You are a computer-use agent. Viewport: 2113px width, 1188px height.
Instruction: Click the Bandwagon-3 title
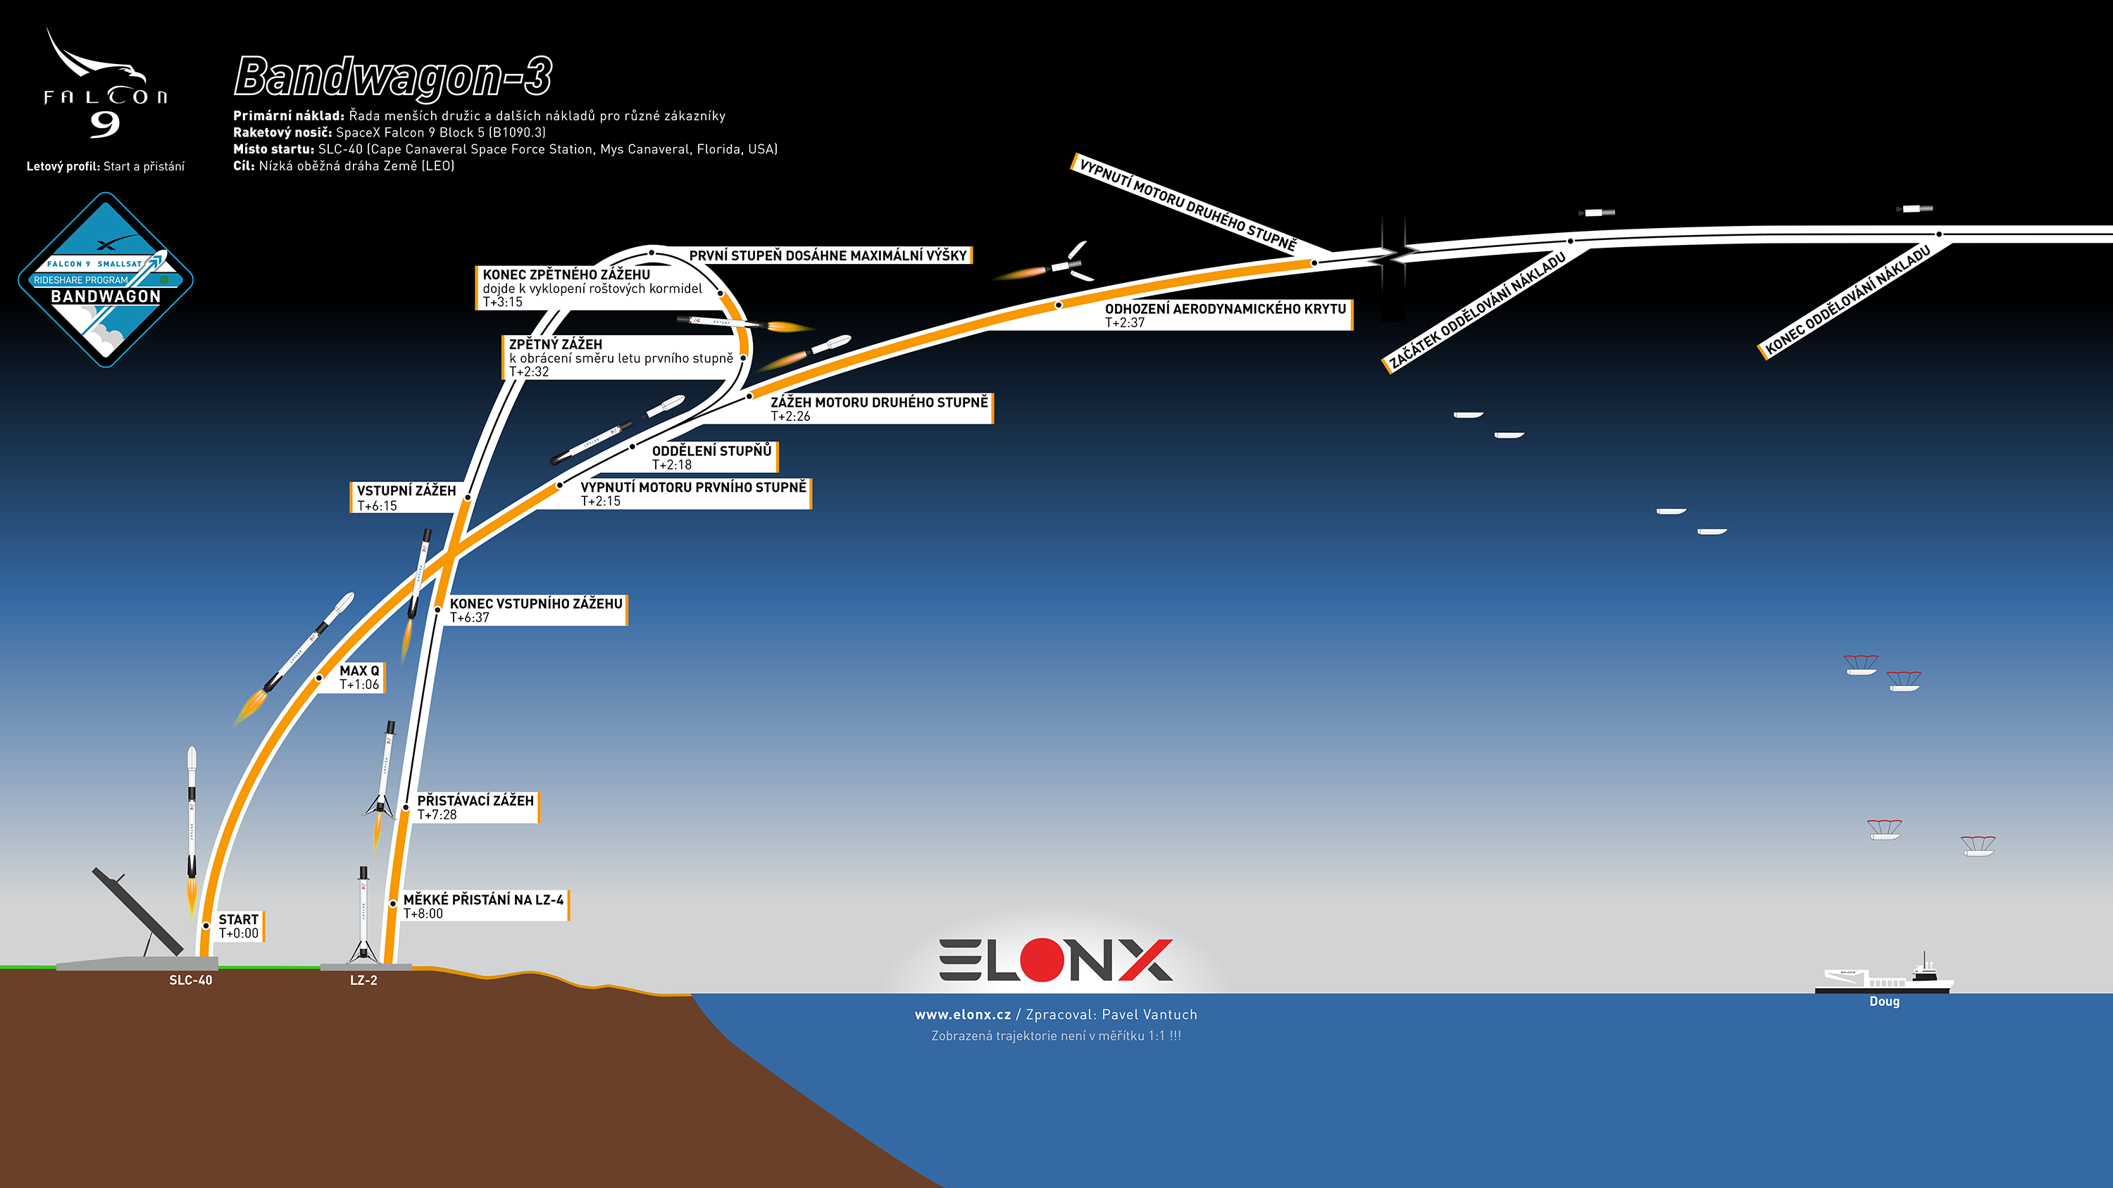click(393, 78)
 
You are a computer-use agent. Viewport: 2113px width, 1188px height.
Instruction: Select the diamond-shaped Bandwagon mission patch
click(106, 279)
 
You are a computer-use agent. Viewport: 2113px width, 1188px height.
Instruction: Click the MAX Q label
click(359, 677)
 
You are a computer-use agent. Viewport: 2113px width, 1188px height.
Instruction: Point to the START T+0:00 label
click(238, 925)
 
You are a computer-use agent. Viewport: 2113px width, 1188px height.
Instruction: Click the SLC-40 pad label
click(190, 980)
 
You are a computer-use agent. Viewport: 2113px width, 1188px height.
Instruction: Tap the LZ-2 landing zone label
click(363, 980)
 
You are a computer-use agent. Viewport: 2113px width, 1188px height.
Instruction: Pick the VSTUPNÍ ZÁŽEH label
click(405, 497)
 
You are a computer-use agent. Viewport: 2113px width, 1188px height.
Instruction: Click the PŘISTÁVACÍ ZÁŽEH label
click(475, 807)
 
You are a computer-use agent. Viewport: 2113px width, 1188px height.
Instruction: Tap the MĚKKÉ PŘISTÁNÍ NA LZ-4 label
click(483, 905)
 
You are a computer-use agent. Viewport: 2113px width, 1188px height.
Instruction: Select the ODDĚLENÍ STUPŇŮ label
click(712, 457)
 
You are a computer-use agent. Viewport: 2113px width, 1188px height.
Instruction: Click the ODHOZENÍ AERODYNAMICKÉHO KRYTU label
click(1226, 315)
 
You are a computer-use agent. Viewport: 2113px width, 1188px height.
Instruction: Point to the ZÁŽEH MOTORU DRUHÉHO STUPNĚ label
click(879, 408)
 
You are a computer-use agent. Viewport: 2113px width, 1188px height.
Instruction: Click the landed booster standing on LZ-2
click(363, 915)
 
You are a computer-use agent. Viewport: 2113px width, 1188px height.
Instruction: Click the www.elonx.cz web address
click(963, 1014)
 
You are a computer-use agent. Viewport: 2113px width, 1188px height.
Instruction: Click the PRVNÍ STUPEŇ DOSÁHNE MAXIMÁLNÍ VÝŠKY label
click(828, 255)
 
